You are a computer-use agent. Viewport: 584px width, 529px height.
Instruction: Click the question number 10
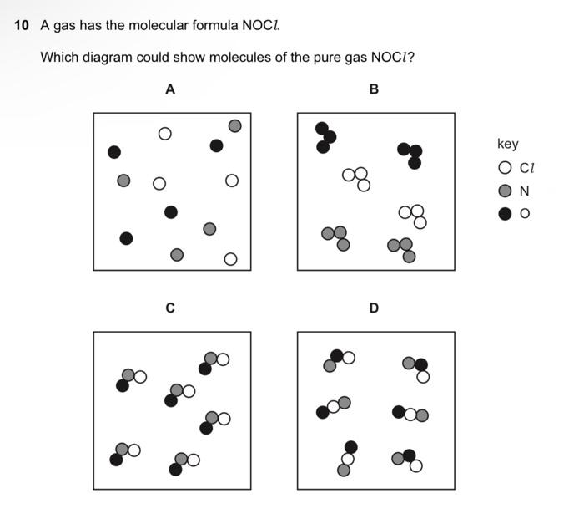[23, 26]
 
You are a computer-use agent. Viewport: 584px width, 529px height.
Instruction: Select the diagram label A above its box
[170, 89]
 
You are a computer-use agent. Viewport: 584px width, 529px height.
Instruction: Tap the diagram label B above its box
[374, 89]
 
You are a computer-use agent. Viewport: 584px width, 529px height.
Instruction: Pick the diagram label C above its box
[170, 308]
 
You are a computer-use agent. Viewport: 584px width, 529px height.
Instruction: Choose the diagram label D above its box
[374, 308]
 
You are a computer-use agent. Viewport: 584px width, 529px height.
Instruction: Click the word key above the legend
[507, 145]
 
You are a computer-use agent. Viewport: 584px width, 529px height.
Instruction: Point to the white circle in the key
[504, 168]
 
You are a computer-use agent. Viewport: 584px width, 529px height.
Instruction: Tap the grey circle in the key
[504, 191]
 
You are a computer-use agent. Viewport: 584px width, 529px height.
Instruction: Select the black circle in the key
[504, 213]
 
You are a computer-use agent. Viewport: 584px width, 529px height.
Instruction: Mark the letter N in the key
[524, 191]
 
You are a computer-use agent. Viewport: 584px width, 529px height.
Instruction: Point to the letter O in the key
[525, 213]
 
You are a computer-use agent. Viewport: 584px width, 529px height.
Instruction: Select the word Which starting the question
[58, 58]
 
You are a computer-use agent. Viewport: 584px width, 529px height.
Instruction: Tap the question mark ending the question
[412, 58]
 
